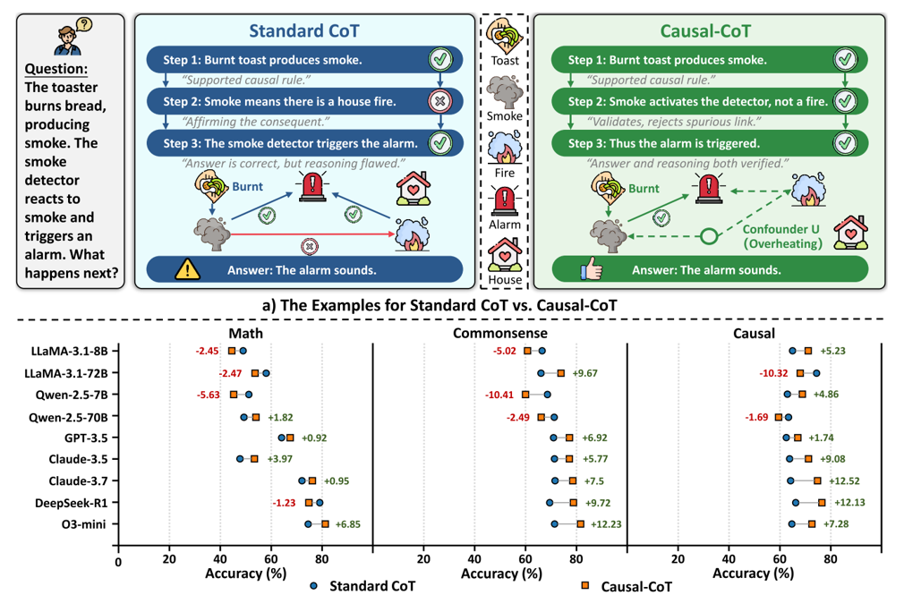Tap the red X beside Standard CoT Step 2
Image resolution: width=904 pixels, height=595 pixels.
[439, 101]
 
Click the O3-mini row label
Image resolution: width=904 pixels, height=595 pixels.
[90, 524]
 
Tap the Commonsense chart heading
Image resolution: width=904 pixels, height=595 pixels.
[500, 332]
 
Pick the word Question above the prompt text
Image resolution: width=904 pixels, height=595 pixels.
[56, 69]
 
